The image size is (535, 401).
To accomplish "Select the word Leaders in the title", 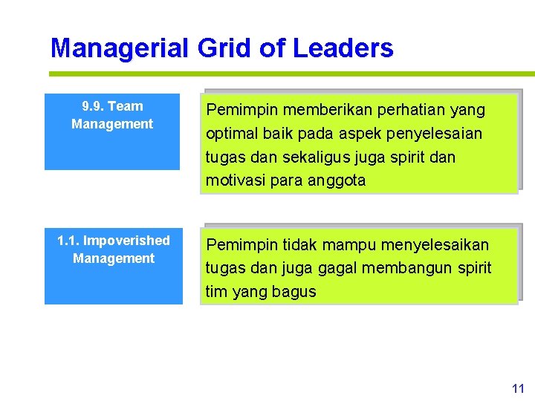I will (x=343, y=48).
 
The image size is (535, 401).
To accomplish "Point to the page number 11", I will (x=518, y=388).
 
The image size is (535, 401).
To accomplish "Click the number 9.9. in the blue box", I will (x=92, y=106).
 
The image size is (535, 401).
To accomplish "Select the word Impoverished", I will (x=126, y=241).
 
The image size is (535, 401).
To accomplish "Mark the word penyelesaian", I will (x=439, y=134).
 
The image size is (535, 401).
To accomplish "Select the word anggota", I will (x=336, y=180).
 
